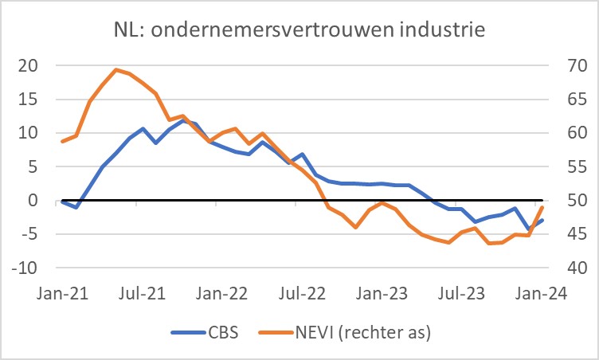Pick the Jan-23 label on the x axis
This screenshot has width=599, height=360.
383,292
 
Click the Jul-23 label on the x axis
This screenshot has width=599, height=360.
463,292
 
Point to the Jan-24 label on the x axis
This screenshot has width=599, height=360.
542,292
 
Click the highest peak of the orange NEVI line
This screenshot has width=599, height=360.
116,69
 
